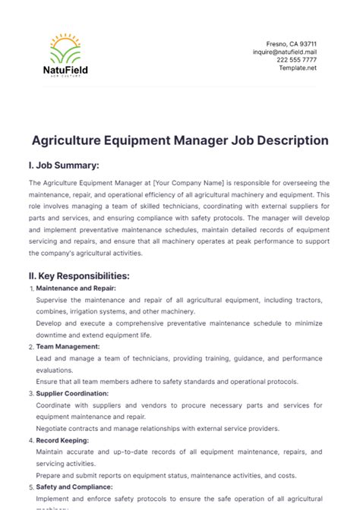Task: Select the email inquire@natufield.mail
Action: click(285, 52)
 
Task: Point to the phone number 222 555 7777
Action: click(297, 60)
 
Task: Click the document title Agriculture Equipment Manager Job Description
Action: click(180, 140)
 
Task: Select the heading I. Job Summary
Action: click(64, 165)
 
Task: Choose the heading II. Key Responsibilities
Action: click(79, 275)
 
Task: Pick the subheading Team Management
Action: click(68, 346)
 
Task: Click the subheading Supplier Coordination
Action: click(72, 393)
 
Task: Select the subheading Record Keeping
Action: click(63, 440)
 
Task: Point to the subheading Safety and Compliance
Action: click(74, 487)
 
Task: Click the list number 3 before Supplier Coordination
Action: click(30, 394)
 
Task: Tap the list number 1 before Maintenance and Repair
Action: click(30, 289)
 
